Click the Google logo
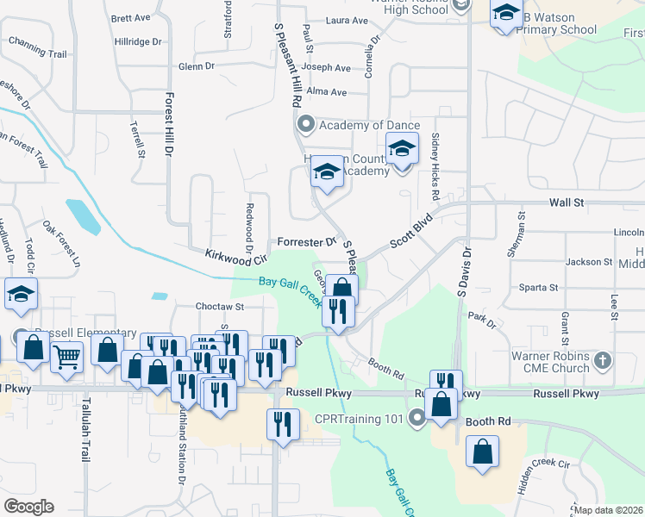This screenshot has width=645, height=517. point(28,507)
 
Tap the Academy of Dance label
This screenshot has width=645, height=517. point(369,126)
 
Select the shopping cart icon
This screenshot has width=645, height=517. point(66,354)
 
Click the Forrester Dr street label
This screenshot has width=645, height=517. point(306,242)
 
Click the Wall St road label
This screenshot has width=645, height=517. point(567,202)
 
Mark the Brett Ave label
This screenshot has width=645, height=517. point(131,17)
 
